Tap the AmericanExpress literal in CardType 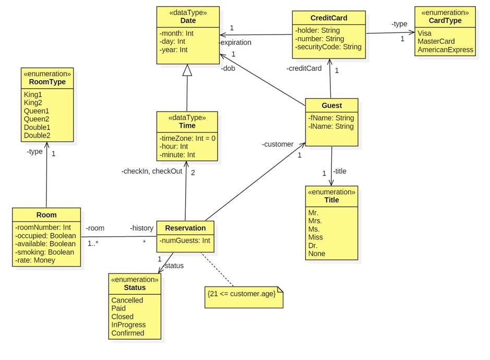click(x=445, y=50)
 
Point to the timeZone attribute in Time click(x=187, y=138)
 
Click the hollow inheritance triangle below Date click(x=187, y=70)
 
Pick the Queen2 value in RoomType click(x=37, y=119)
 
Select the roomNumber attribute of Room click(x=43, y=227)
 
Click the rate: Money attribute click(x=35, y=260)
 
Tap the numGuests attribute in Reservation click(x=185, y=241)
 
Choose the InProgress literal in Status click(x=128, y=325)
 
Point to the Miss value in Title click(x=316, y=237)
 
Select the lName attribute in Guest click(x=331, y=126)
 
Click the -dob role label click(x=228, y=68)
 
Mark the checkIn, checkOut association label click(x=152, y=171)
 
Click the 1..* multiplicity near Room click(x=93, y=243)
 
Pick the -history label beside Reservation click(x=141, y=228)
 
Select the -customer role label click(x=278, y=144)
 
